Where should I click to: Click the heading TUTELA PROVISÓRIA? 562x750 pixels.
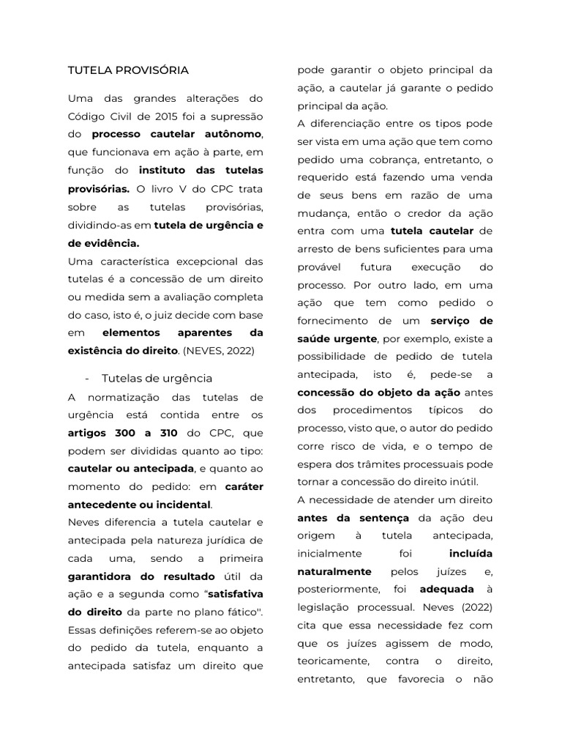[128, 70]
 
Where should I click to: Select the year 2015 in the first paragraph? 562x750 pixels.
[169, 116]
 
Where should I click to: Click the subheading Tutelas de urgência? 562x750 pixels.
[157, 378]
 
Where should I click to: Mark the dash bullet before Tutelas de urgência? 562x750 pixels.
[88, 378]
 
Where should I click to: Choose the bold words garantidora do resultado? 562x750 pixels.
[141, 576]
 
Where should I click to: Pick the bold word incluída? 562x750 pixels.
[471, 553]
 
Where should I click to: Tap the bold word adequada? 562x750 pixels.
[446, 589]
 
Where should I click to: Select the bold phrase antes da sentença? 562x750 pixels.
[353, 517]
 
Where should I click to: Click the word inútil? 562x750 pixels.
[460, 481]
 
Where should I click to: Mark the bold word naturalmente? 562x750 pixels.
[334, 571]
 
